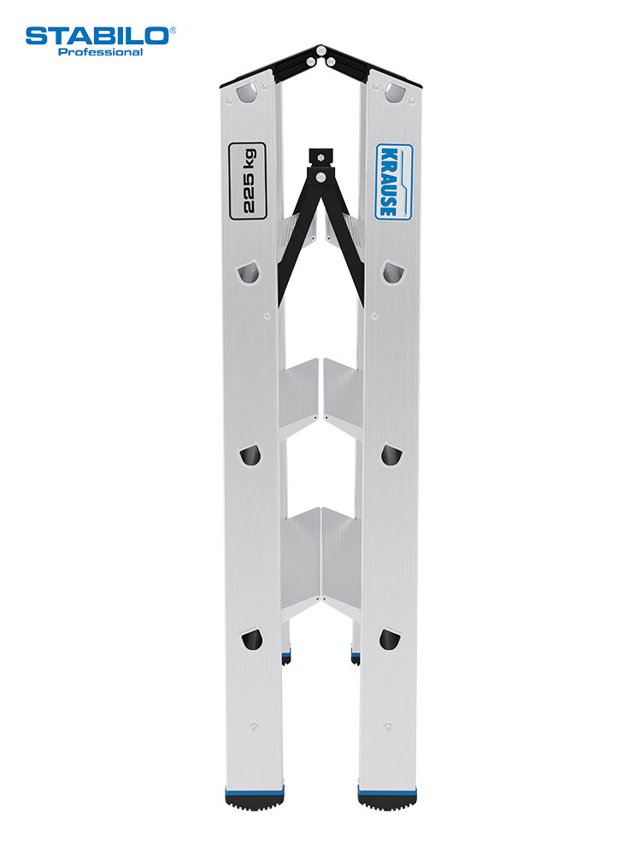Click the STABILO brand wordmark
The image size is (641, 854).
click(97, 36)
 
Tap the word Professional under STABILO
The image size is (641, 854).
click(100, 52)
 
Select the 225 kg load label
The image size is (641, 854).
click(247, 181)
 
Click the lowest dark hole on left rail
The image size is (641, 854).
click(251, 640)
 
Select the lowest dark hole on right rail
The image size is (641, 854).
click(390, 640)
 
